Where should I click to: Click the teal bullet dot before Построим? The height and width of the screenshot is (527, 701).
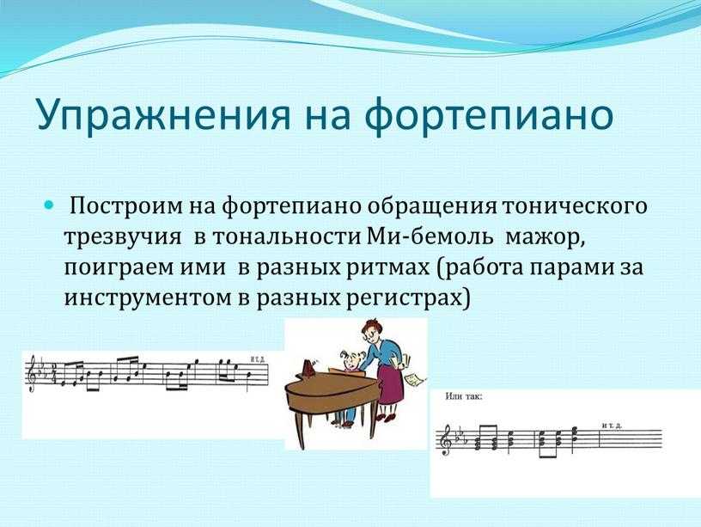[49, 205]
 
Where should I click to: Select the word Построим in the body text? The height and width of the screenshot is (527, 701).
[126, 206]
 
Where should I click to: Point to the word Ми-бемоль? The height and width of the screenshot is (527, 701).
[430, 236]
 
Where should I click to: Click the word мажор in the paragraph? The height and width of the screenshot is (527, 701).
[545, 238]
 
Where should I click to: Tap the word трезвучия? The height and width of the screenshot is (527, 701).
[123, 238]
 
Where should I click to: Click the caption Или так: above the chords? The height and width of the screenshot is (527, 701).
[464, 396]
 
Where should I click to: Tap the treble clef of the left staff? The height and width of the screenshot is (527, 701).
[32, 373]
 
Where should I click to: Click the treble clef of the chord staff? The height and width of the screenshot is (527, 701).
[446, 440]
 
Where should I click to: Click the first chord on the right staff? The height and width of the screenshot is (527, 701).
[478, 444]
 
